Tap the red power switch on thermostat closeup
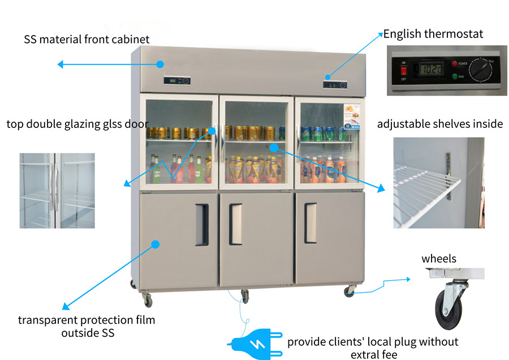403,71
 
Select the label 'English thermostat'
433,34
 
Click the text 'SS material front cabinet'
87,40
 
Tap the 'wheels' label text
438,259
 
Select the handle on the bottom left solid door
202,225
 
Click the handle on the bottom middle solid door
235,224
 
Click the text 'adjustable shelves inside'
440,124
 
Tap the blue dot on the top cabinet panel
160,64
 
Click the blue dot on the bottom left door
155,245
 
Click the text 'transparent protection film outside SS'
87,327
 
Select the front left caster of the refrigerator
147,298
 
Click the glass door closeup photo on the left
57,190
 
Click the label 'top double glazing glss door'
77,124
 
